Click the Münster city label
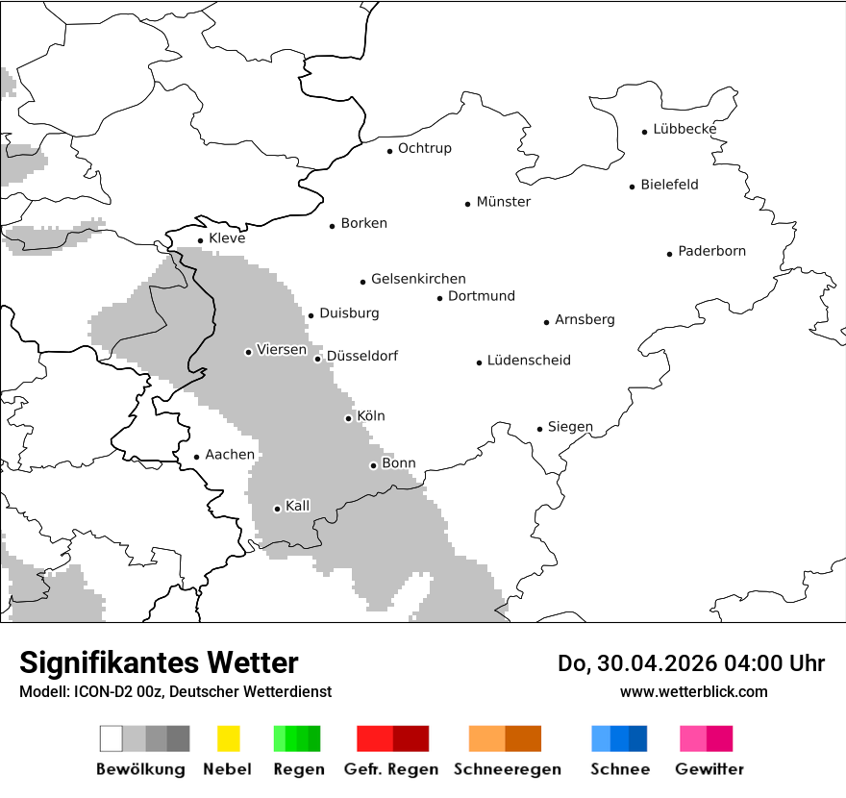tap(503, 202)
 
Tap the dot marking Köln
tap(348, 418)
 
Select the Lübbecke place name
tap(684, 129)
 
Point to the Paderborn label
tap(711, 251)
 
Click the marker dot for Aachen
tap(196, 457)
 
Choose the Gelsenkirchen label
tap(418, 279)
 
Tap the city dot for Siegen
tap(539, 429)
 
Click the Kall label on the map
tap(298, 506)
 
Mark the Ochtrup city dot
tap(389, 150)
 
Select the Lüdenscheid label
tap(529, 361)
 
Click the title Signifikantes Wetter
tap(159, 662)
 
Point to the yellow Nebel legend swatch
tap(228, 738)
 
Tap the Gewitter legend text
tap(709, 769)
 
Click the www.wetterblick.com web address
tap(693, 692)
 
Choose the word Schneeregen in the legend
tap(508, 769)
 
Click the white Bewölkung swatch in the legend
tap(111, 738)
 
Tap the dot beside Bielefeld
tap(632, 187)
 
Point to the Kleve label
tap(227, 238)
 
